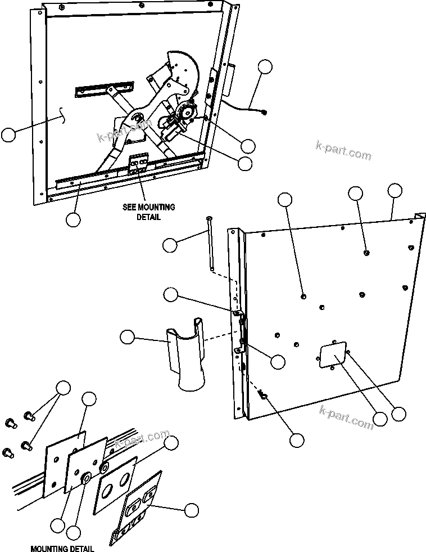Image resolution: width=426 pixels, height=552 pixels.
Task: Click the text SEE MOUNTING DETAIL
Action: point(148,212)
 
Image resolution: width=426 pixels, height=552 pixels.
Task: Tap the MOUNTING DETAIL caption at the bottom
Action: point(62,549)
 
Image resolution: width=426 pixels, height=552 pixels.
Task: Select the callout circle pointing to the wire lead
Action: point(266,66)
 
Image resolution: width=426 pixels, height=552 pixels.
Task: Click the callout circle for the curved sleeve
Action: point(128,337)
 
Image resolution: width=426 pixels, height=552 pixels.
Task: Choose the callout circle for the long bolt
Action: point(170,245)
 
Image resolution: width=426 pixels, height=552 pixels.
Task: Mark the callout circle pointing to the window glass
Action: point(8,135)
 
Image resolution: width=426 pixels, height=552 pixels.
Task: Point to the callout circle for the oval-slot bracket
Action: point(191,510)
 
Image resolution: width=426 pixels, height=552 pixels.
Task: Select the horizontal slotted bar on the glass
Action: point(106,89)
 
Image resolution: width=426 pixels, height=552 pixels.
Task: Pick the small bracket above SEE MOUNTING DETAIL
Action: point(139,164)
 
